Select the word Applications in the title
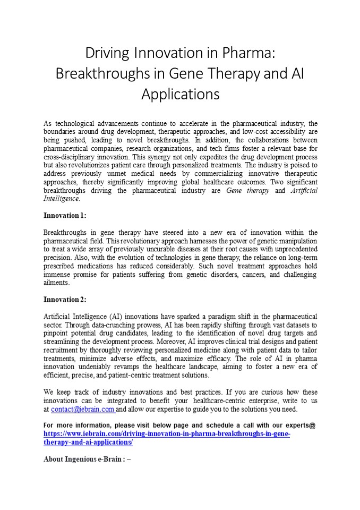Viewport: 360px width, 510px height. pyautogui.click(x=180, y=94)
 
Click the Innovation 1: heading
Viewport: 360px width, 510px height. pyautogui.click(x=64, y=216)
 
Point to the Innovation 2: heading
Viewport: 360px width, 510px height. pyautogui.click(x=64, y=300)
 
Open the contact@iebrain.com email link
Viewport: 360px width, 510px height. pyautogui.click(x=82, y=410)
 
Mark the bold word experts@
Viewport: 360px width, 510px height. pyautogui.click(x=301, y=426)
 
